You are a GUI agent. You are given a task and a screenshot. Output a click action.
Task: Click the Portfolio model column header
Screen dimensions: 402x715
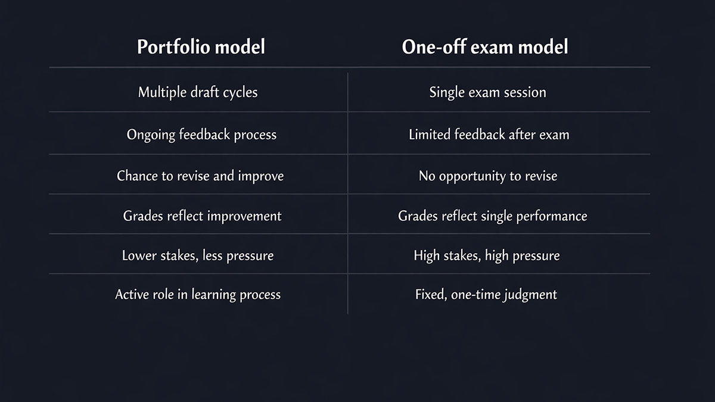(x=201, y=47)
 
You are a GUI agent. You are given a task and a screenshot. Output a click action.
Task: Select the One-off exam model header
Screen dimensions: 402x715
(x=485, y=47)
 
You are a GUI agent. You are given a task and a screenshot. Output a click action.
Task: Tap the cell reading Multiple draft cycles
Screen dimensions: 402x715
(x=198, y=92)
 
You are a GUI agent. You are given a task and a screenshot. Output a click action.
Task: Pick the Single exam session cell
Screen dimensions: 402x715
(x=487, y=92)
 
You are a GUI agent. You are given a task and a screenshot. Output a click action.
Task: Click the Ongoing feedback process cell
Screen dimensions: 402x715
(x=201, y=135)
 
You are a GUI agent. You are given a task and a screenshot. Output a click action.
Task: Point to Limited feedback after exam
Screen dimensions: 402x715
(x=489, y=135)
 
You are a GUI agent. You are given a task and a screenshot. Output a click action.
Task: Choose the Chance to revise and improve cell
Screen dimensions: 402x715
(x=200, y=176)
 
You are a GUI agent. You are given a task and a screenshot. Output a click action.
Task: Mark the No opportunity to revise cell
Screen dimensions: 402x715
(x=488, y=176)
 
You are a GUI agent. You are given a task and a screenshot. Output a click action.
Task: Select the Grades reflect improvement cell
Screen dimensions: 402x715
(x=202, y=216)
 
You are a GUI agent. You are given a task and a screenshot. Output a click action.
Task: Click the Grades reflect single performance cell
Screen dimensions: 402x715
(x=492, y=216)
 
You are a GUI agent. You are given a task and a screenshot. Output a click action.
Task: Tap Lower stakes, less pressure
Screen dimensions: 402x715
(x=198, y=255)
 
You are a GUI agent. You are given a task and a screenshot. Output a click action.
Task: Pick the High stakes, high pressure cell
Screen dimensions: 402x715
(x=487, y=255)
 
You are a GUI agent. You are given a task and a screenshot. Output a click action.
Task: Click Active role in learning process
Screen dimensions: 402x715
(x=198, y=294)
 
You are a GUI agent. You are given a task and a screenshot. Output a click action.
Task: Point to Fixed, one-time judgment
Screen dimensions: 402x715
(x=486, y=294)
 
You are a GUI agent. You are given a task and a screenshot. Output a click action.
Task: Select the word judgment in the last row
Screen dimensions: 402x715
(x=529, y=295)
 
